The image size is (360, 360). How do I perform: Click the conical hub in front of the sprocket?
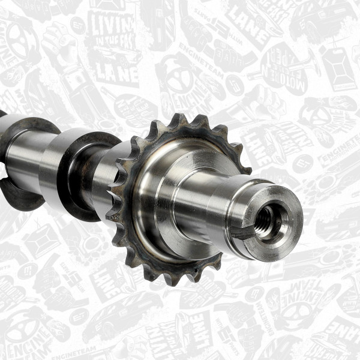(x=174, y=198)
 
